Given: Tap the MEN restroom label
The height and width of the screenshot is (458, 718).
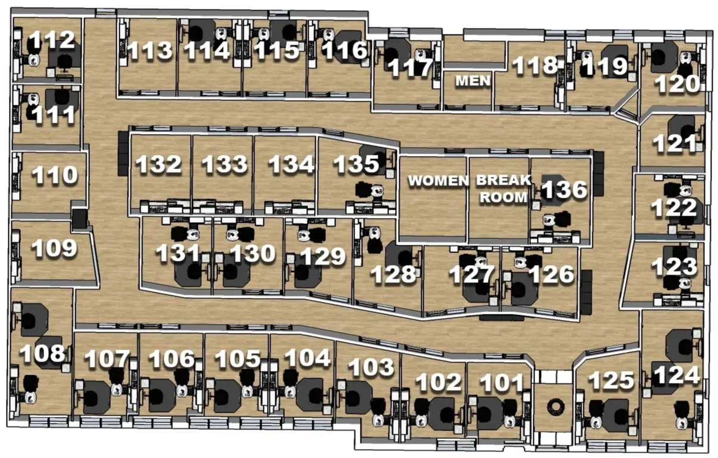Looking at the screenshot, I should [473, 80].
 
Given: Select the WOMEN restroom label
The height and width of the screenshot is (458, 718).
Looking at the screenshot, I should [437, 180].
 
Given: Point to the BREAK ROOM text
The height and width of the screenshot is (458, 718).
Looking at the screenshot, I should [503, 188].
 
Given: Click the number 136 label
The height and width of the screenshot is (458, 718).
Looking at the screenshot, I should [564, 190].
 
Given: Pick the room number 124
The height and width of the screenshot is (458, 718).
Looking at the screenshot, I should [675, 375].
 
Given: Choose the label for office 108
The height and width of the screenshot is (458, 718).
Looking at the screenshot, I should [41, 353].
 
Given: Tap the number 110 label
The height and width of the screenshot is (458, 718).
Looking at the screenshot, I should [54, 175].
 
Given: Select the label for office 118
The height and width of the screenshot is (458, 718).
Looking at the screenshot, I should [534, 66].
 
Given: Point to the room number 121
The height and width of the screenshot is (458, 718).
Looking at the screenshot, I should [676, 143].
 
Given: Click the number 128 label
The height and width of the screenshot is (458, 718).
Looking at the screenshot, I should [393, 274].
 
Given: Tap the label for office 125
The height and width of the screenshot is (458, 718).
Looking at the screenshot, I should [610, 381].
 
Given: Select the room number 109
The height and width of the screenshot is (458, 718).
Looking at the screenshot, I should [54, 248].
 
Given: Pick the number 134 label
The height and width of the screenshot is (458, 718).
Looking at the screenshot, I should [290, 164].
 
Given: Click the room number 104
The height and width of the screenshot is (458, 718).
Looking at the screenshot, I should [307, 358].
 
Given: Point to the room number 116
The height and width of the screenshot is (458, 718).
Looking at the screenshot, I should [344, 51].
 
